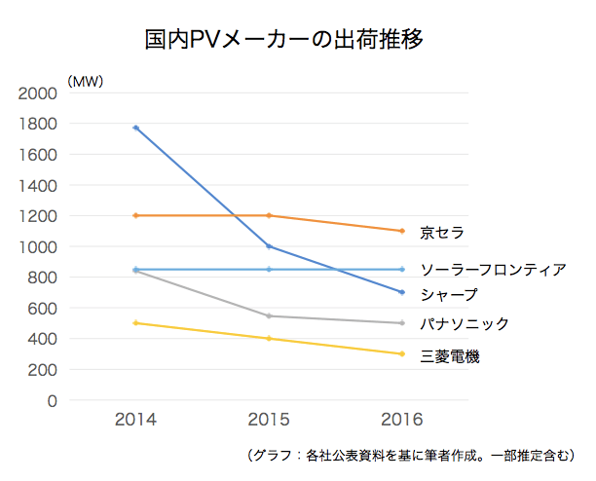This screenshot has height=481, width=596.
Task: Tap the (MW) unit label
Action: pos(86,81)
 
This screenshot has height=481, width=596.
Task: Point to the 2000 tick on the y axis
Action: pos(39,93)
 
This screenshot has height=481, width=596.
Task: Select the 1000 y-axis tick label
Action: pos(39,247)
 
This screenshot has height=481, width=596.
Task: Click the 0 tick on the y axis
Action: pos(53,401)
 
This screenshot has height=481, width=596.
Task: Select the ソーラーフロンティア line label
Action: pos(493,269)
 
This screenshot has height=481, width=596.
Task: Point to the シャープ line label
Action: pos(449,293)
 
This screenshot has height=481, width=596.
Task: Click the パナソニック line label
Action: pos(465,323)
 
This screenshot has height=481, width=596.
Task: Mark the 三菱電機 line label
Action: pos(449,356)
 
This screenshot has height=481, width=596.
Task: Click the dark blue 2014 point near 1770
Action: pos(135,128)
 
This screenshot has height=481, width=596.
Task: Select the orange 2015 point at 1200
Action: pos(269,215)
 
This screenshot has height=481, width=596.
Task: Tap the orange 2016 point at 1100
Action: pos(402,231)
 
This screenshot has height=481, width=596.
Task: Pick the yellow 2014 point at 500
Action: pos(135,323)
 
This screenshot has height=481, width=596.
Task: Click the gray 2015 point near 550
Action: pos(269,315)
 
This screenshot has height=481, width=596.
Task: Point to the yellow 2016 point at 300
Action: pos(402,353)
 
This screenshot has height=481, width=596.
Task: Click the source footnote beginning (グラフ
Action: pos(412,455)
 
